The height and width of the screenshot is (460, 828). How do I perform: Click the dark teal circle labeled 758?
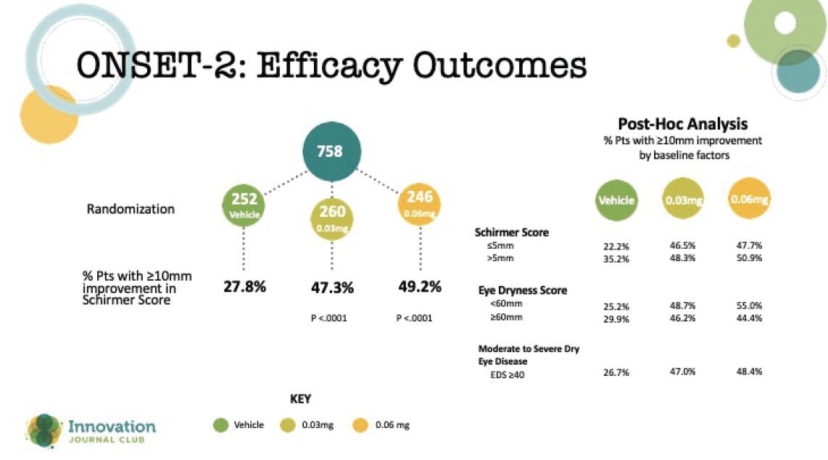point(331,152)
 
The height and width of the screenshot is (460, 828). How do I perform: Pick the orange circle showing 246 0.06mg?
point(420,204)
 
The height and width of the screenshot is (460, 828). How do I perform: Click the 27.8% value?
point(245,287)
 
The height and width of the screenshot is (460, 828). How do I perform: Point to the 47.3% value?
point(332,288)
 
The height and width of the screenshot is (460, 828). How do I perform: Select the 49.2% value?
point(420,287)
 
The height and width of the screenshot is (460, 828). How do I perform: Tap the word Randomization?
point(131,209)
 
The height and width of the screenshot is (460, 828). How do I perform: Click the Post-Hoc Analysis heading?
point(682,124)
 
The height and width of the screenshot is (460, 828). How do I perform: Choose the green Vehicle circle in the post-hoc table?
point(616,201)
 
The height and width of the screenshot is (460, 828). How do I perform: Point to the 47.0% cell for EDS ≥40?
point(683,371)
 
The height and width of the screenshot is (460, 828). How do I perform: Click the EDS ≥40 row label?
point(508,373)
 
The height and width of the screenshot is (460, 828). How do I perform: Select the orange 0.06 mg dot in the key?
point(360,425)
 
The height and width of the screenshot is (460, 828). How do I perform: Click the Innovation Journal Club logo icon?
point(44,430)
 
